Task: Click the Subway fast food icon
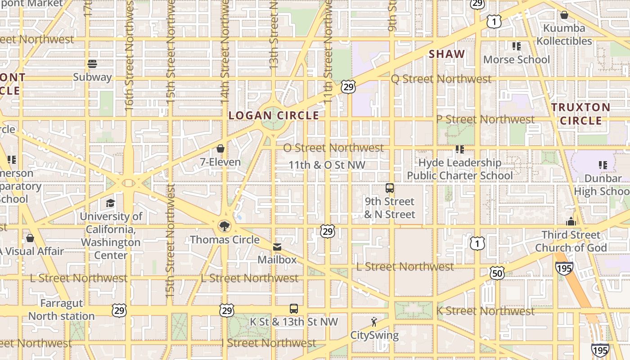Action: click(93, 64)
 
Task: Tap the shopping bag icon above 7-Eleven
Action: click(220, 148)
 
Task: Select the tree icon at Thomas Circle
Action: click(224, 226)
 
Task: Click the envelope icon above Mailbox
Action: click(277, 247)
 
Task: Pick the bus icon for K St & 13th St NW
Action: click(294, 309)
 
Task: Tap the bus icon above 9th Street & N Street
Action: click(390, 188)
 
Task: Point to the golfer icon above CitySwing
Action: click(373, 322)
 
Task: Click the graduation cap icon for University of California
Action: click(110, 203)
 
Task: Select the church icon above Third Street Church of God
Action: click(571, 221)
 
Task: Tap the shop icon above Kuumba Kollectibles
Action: click(564, 15)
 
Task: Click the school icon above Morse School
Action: click(517, 46)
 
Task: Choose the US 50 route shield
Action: click(497, 273)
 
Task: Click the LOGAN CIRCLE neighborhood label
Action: click(274, 116)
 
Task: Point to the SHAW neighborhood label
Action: click(447, 54)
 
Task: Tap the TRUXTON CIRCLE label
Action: click(581, 114)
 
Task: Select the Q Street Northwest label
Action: click(441, 79)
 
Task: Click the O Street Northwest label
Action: click(333, 148)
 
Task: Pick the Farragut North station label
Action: click(62, 310)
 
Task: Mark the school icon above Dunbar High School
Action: click(603, 165)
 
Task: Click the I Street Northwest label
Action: click(269, 343)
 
